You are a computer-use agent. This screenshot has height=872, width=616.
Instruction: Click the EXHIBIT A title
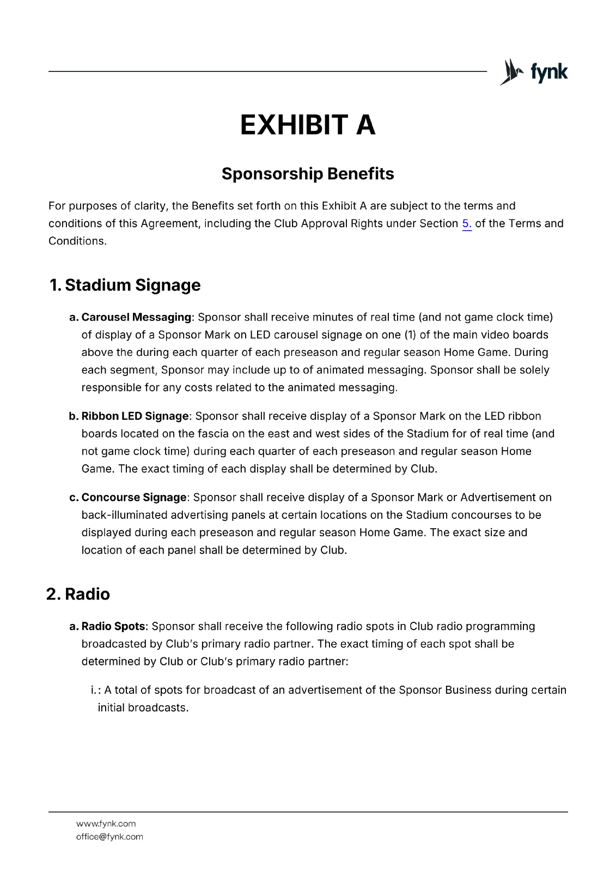point(308,125)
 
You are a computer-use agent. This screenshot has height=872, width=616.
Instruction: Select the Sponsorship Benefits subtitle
point(308,174)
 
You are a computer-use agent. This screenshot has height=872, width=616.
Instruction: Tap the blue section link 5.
point(467,223)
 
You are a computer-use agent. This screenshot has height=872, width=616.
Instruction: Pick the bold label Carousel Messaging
point(136,317)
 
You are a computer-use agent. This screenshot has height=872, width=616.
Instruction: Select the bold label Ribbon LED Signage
point(135,416)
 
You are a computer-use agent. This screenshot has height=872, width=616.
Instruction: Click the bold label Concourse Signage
point(133,498)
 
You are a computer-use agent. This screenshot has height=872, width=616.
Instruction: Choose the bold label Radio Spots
point(113,626)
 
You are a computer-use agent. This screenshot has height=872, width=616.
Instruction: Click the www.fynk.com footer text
point(106,823)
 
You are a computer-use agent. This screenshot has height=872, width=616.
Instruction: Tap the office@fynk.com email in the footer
point(109,837)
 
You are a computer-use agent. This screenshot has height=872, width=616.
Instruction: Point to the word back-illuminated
point(124,515)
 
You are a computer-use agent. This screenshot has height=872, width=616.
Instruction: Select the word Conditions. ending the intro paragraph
point(77,241)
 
